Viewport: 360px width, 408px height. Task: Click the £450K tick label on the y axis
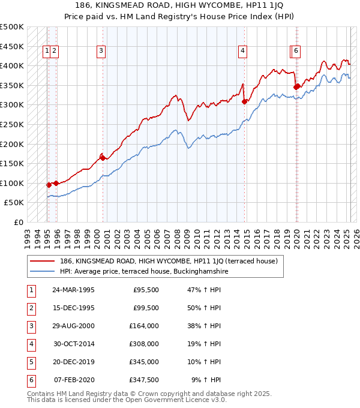tap(12, 46)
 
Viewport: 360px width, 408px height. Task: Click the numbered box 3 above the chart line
tap(101, 52)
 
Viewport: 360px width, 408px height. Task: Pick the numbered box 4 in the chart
tap(242, 52)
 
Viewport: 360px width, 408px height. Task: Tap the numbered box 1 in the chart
tap(46, 52)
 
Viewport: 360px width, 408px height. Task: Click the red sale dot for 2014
tap(244, 101)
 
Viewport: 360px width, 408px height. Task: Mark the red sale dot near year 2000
tap(103, 158)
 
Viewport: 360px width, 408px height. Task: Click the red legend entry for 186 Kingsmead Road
tap(168, 261)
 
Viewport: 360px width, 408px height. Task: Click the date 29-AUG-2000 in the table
tap(73, 325)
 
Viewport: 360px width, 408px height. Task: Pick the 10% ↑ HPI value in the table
tap(205, 362)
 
